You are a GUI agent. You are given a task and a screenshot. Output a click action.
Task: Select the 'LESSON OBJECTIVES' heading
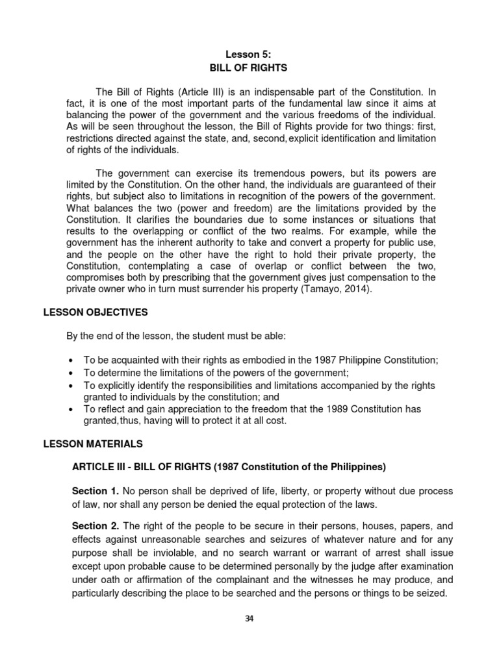click(96, 312)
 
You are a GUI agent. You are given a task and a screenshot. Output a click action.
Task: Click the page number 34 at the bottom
click(249, 618)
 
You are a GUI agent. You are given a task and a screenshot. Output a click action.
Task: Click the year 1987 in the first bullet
click(318, 360)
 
